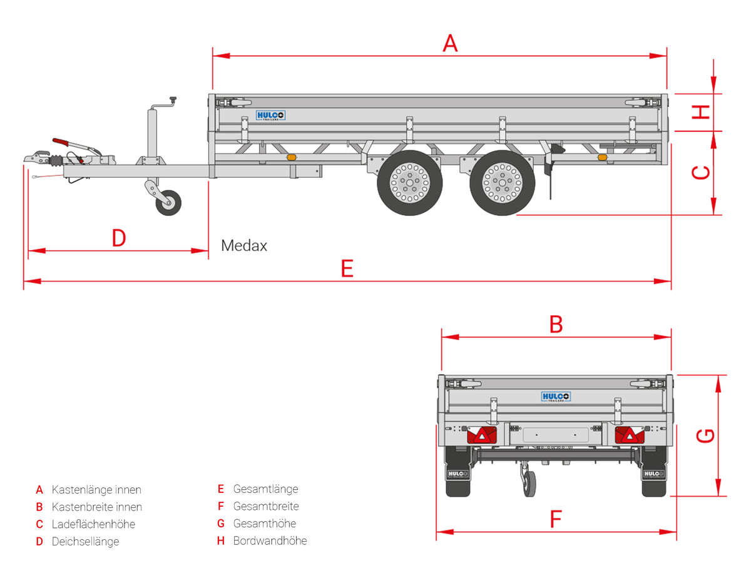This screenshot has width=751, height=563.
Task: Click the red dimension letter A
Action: click(x=449, y=43)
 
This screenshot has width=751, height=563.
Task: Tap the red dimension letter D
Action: click(x=119, y=238)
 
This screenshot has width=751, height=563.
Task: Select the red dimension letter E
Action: click(x=347, y=268)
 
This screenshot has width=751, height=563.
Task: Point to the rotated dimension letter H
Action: click(x=700, y=112)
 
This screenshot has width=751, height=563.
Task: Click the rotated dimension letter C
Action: click(x=700, y=172)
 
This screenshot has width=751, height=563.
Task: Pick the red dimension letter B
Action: click(x=556, y=324)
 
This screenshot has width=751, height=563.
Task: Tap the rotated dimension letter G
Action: click(x=705, y=435)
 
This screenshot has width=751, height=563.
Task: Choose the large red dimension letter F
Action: click(x=556, y=519)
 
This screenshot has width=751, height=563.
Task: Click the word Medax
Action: click(x=243, y=245)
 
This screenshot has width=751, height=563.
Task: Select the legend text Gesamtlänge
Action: click(x=265, y=489)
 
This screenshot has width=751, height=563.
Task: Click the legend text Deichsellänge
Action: click(x=85, y=542)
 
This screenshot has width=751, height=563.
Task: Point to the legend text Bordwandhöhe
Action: click(x=270, y=540)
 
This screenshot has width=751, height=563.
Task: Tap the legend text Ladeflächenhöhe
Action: click(x=93, y=524)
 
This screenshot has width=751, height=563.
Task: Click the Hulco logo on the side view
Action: click(x=270, y=116)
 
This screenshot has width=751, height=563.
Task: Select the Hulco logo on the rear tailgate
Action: click(x=556, y=397)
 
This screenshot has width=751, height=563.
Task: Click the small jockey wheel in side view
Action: click(x=168, y=203)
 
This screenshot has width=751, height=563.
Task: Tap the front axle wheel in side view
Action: click(x=409, y=183)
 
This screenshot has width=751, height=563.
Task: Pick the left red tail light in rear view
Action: click(x=482, y=435)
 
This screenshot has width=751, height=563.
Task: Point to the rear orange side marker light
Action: click(x=603, y=157)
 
